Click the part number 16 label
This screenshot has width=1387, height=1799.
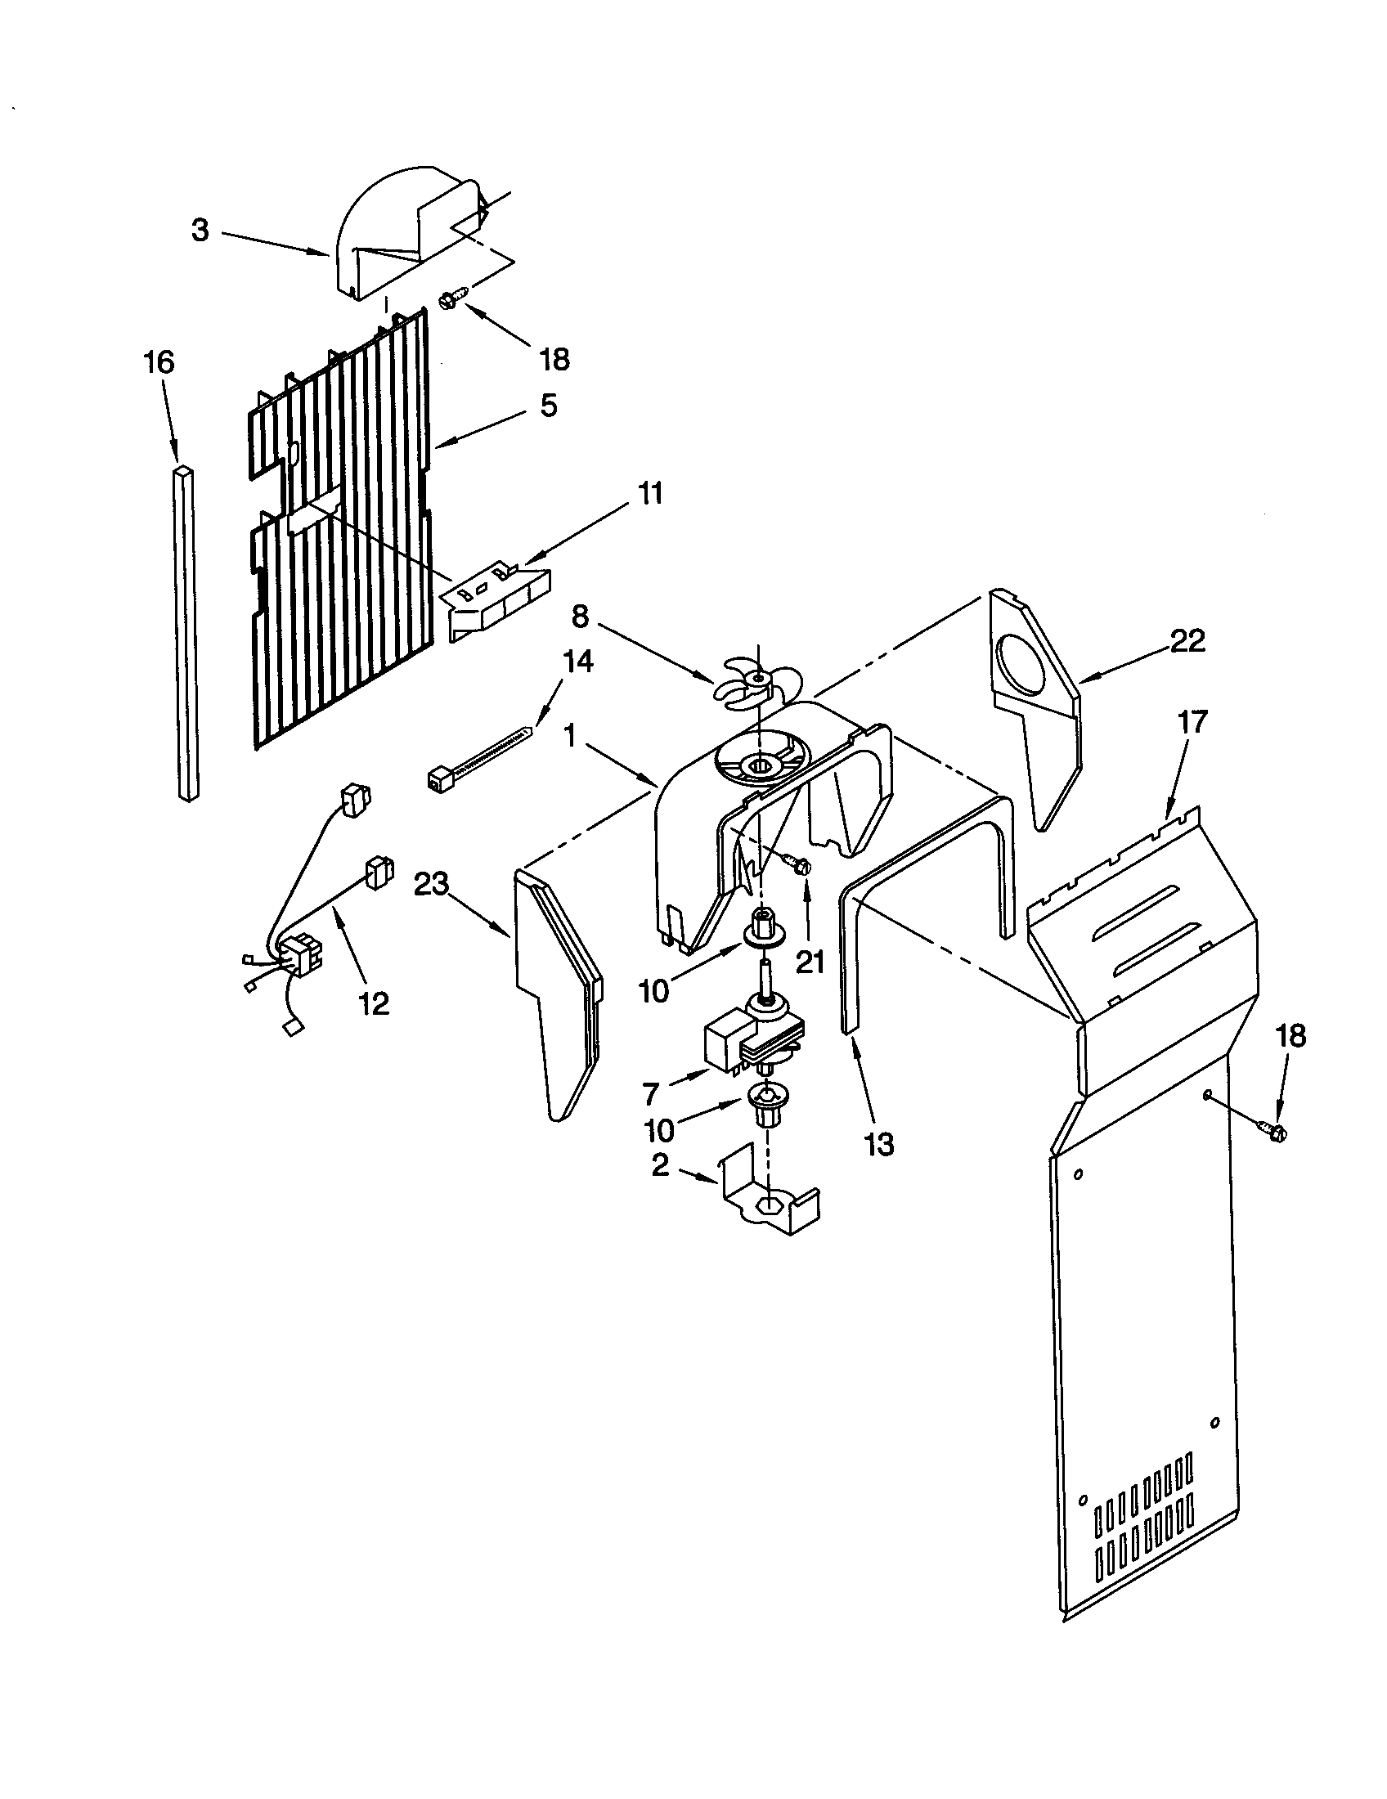[159, 362]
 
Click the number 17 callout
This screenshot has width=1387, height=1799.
[1192, 721]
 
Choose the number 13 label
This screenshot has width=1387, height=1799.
[880, 1143]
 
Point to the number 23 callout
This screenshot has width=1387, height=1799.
[431, 884]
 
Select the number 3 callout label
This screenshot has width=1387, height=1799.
[200, 231]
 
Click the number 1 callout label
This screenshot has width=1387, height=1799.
[568, 734]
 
